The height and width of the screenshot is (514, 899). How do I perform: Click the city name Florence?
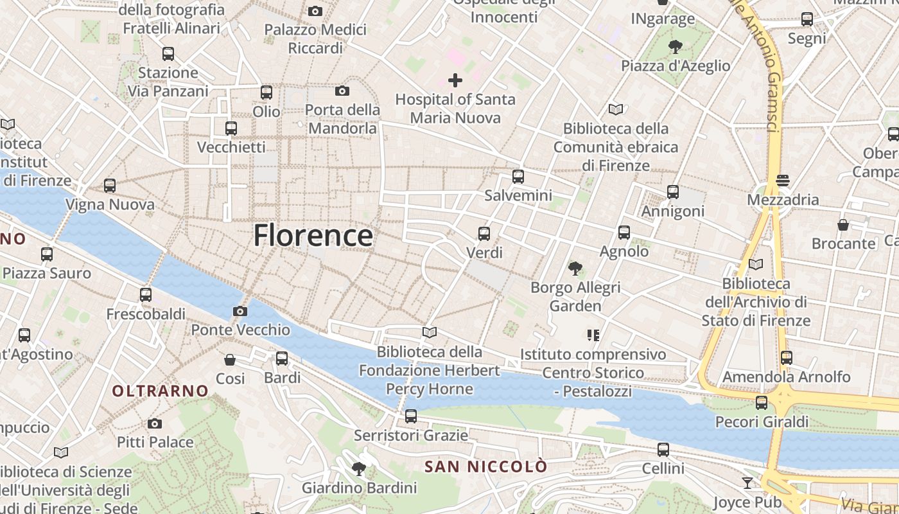click(x=313, y=235)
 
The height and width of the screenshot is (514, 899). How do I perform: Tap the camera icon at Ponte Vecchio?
click(x=240, y=312)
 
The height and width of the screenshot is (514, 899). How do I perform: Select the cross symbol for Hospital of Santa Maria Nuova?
click(x=455, y=80)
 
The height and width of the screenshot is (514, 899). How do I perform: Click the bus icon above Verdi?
click(x=484, y=234)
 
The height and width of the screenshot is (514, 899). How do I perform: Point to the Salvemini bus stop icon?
click(x=518, y=177)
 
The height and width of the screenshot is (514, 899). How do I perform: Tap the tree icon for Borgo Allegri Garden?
click(x=575, y=269)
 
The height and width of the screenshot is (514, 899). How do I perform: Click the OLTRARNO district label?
click(x=160, y=391)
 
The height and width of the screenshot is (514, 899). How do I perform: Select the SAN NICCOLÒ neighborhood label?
click(x=486, y=466)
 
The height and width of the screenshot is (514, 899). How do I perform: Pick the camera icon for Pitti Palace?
click(x=155, y=423)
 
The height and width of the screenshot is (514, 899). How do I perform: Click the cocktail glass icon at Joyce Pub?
click(x=747, y=483)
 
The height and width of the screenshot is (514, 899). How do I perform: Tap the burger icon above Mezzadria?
click(x=782, y=181)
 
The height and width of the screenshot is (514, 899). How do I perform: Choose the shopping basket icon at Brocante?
click(x=843, y=225)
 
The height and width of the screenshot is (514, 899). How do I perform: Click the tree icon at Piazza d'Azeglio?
click(x=675, y=47)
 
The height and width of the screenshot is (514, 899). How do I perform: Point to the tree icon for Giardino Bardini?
click(x=359, y=469)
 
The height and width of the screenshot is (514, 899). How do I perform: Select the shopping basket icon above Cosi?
click(x=230, y=360)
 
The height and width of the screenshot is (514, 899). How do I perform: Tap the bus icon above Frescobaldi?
click(x=146, y=295)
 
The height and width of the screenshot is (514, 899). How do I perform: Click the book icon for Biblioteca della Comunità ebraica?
click(x=616, y=110)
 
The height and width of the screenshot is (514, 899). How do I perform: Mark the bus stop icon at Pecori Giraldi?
click(x=762, y=403)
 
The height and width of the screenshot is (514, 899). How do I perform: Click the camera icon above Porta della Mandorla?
click(x=342, y=91)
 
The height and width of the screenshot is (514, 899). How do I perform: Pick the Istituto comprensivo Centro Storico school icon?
click(x=593, y=335)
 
